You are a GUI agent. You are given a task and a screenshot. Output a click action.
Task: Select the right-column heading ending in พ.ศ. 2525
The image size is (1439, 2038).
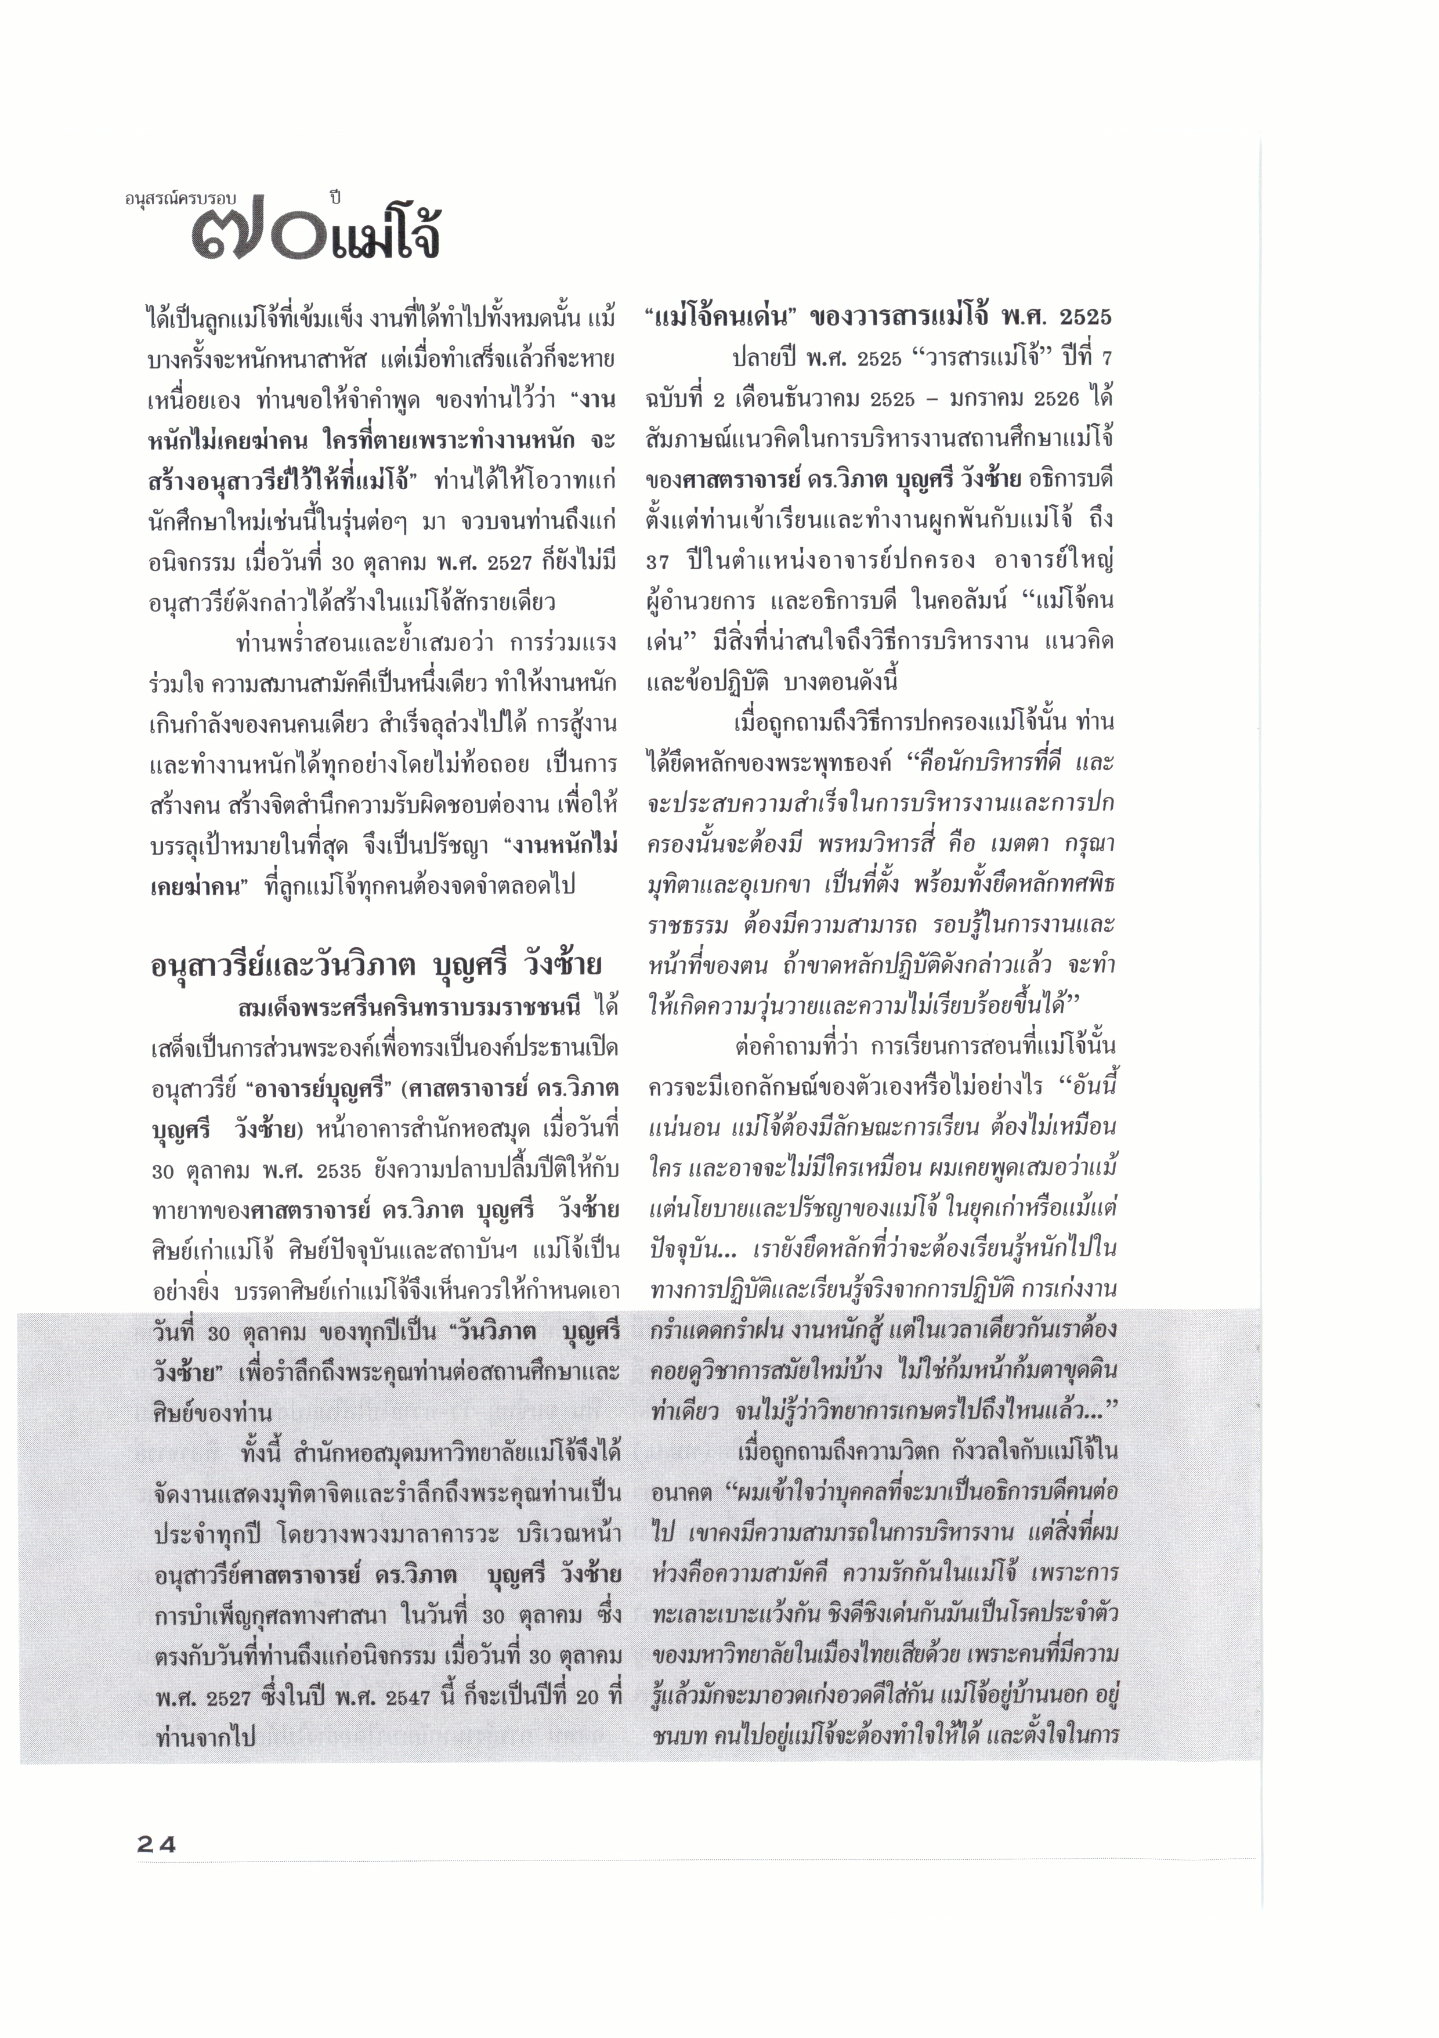click(879, 317)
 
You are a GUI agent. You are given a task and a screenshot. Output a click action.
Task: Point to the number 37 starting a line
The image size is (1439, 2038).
click(658, 561)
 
